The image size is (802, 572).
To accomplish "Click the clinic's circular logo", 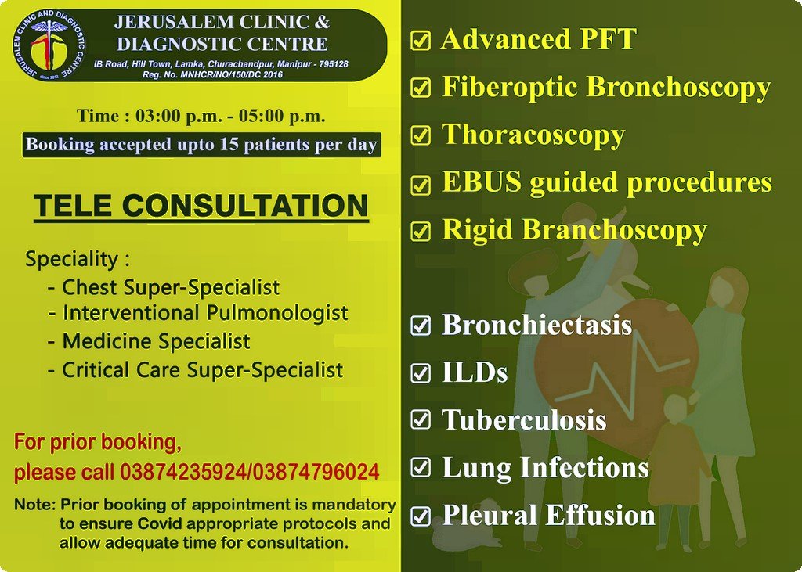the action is [x=49, y=45].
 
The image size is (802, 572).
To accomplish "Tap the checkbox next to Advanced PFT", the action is [x=421, y=41].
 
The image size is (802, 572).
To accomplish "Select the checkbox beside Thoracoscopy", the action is [x=421, y=136].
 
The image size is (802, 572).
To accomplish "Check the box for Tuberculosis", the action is [x=421, y=419].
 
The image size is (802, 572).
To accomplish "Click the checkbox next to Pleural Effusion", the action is [x=421, y=515].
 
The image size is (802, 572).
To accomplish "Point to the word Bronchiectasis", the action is [x=536, y=325].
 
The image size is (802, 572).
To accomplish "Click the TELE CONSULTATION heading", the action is [x=201, y=206].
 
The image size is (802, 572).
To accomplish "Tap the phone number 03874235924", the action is [x=183, y=472].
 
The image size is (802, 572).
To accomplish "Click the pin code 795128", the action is [x=333, y=64].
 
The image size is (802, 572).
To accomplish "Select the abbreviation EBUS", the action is [x=482, y=182].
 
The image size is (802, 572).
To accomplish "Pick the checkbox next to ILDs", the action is [x=421, y=372].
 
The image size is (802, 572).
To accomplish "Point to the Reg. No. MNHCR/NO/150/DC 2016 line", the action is [x=212, y=74].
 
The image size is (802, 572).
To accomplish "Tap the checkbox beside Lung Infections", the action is [x=421, y=467].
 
